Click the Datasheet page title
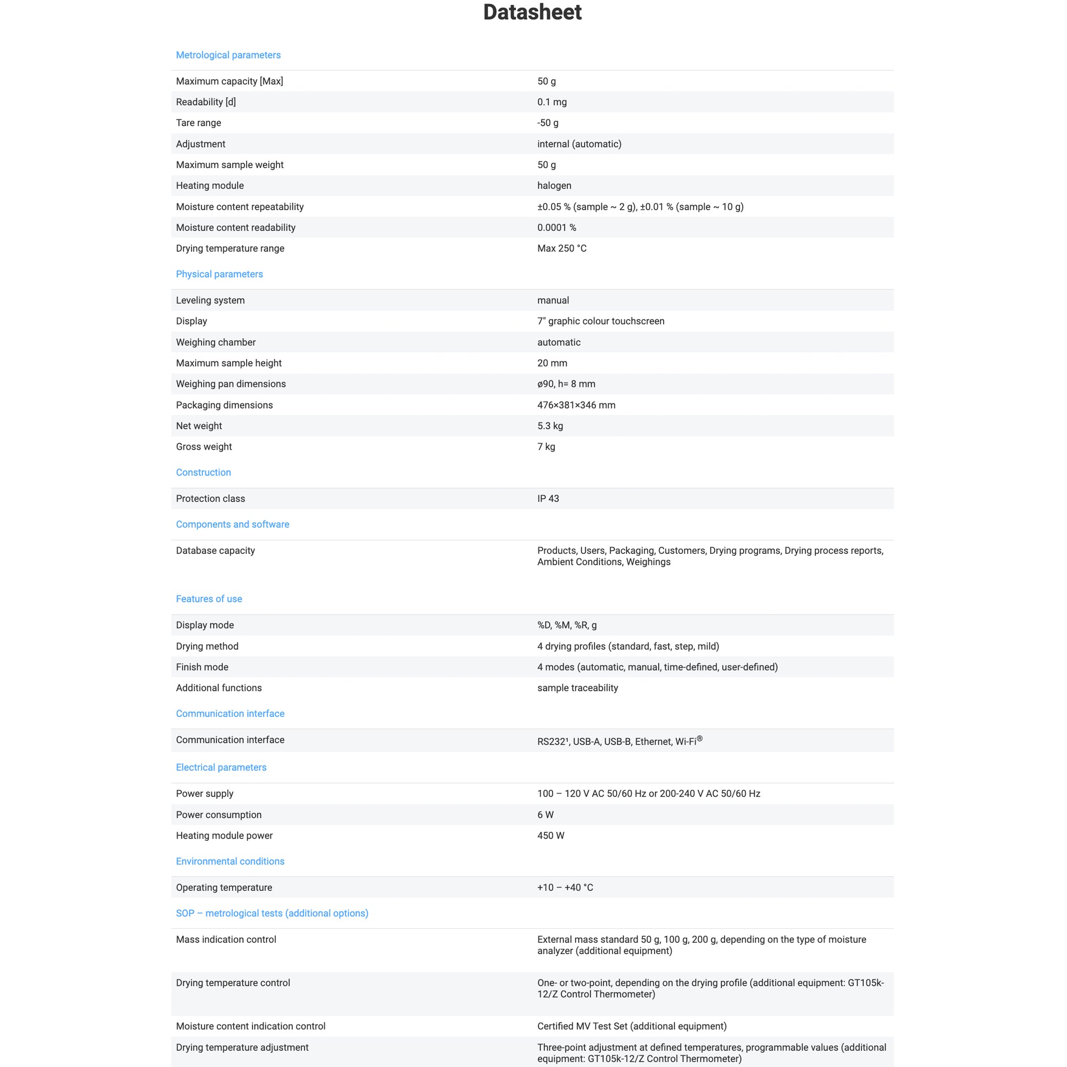tap(532, 12)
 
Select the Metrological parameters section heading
tap(228, 55)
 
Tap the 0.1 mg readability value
tap(552, 102)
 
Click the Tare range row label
tap(198, 123)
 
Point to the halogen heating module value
tap(554, 186)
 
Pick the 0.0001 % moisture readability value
tap(556, 228)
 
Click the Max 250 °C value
tap(562, 249)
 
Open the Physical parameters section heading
tap(219, 274)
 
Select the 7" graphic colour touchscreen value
tap(600, 321)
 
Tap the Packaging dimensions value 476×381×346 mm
tap(576, 405)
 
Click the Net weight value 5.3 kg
tap(550, 426)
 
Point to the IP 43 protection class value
tap(548, 499)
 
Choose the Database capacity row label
tap(216, 551)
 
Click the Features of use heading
tap(209, 599)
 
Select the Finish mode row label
tap(202, 667)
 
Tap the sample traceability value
tap(577, 688)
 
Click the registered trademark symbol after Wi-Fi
tap(699, 739)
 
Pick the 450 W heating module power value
tap(551, 835)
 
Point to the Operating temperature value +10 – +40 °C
tap(565, 888)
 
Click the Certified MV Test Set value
tap(631, 1026)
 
